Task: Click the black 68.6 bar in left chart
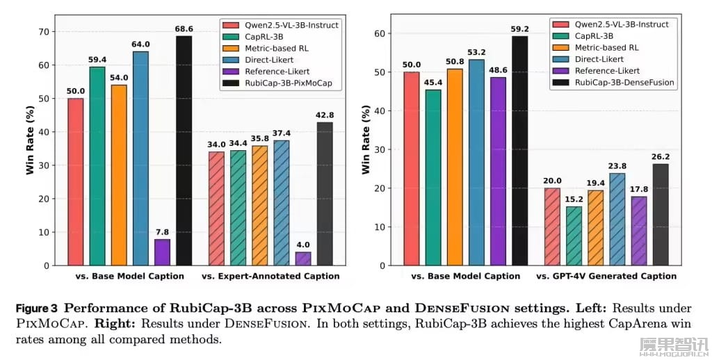point(184,150)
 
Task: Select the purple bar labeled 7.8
point(162,252)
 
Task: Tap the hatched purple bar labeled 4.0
point(303,259)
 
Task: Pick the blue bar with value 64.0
point(140,158)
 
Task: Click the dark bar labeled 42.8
point(325,194)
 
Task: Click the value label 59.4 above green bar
point(97,60)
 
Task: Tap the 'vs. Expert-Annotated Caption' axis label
point(270,277)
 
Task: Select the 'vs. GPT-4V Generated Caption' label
point(606,277)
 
